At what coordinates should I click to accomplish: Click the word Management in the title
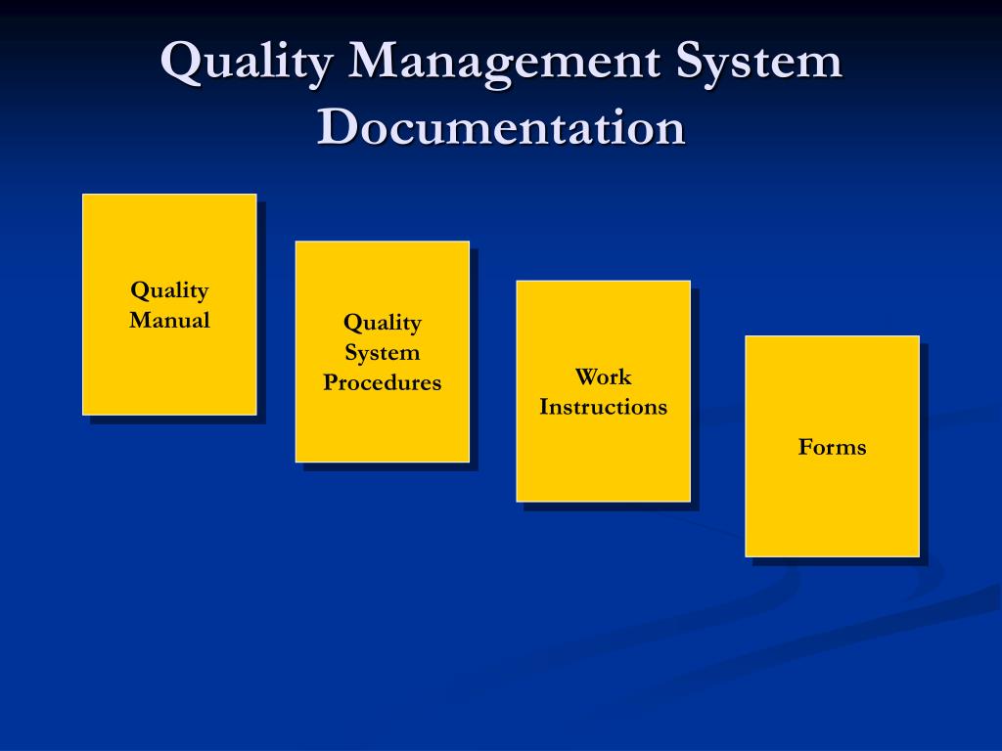click(x=503, y=63)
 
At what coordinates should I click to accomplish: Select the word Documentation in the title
click(x=501, y=127)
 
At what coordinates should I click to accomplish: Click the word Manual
click(x=169, y=320)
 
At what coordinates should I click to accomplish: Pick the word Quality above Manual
click(x=169, y=290)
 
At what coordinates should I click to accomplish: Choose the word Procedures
click(x=383, y=382)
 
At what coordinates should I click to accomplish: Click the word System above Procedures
click(x=383, y=352)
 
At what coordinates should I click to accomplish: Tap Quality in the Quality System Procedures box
click(x=383, y=322)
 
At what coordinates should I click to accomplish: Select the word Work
click(x=603, y=376)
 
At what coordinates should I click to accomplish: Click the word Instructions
click(x=603, y=407)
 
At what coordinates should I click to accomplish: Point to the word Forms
click(x=832, y=447)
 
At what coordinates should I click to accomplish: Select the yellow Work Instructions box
click(x=603, y=455)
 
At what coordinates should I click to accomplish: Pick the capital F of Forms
click(x=805, y=447)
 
